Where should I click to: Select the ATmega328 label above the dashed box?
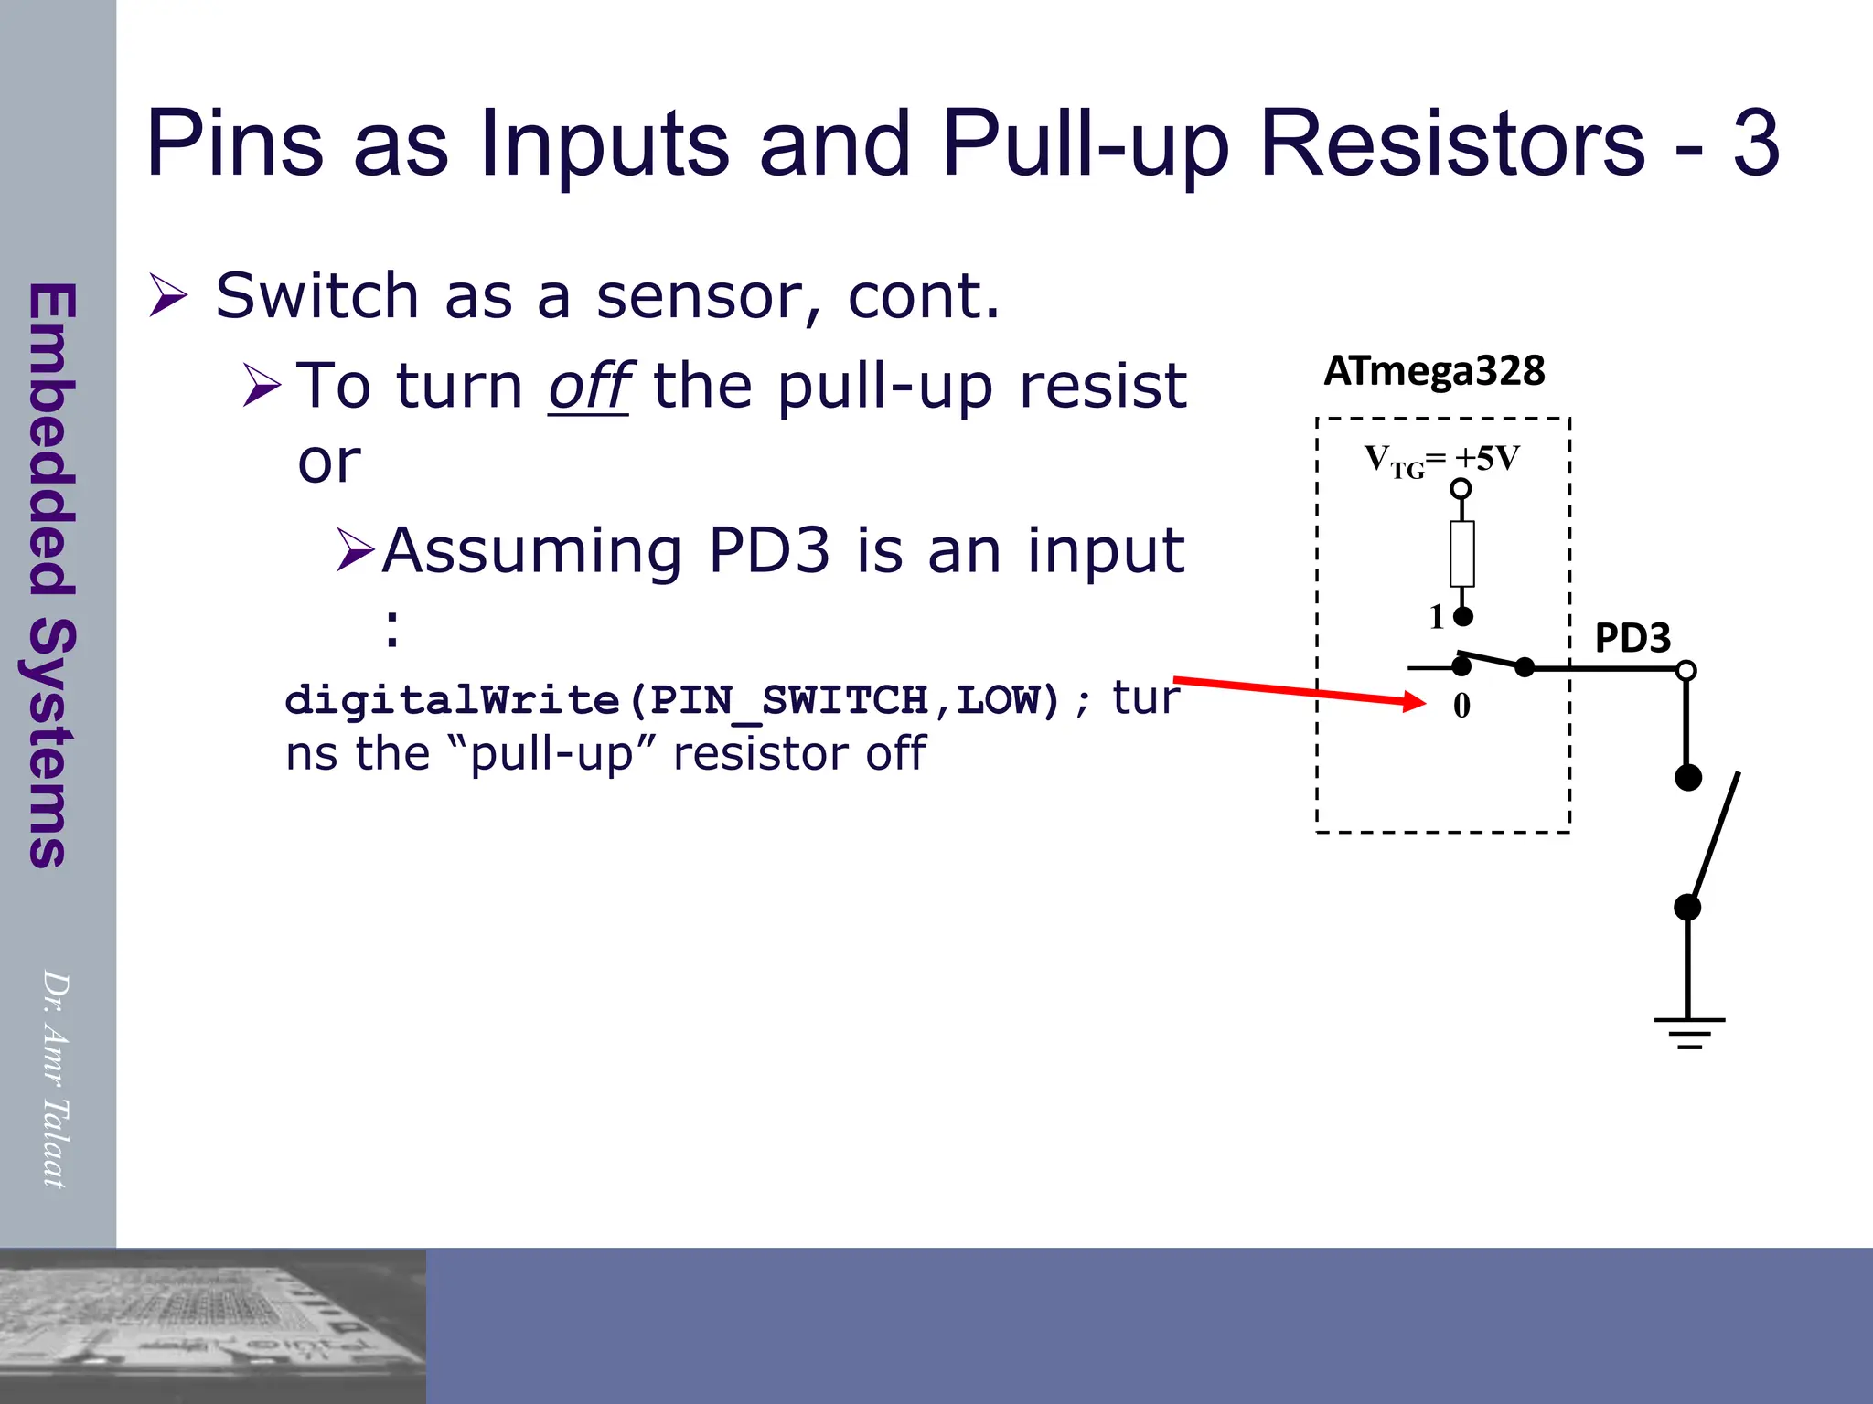tap(1434, 371)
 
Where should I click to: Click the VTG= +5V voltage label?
tap(1441, 459)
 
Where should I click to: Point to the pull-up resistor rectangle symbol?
tap(1461, 554)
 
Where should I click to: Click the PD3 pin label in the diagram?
tap(1632, 638)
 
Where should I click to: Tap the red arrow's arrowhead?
tap(1414, 701)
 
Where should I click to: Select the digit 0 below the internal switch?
tap(1461, 706)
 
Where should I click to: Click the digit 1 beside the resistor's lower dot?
tap(1437, 617)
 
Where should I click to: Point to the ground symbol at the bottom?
tap(1688, 1032)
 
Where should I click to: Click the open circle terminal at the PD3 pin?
tap(1686, 670)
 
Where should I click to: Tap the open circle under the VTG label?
tap(1461, 488)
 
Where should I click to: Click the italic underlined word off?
tap(589, 387)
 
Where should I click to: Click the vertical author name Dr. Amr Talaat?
tap(55, 1079)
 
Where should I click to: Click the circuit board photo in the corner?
tap(212, 1325)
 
